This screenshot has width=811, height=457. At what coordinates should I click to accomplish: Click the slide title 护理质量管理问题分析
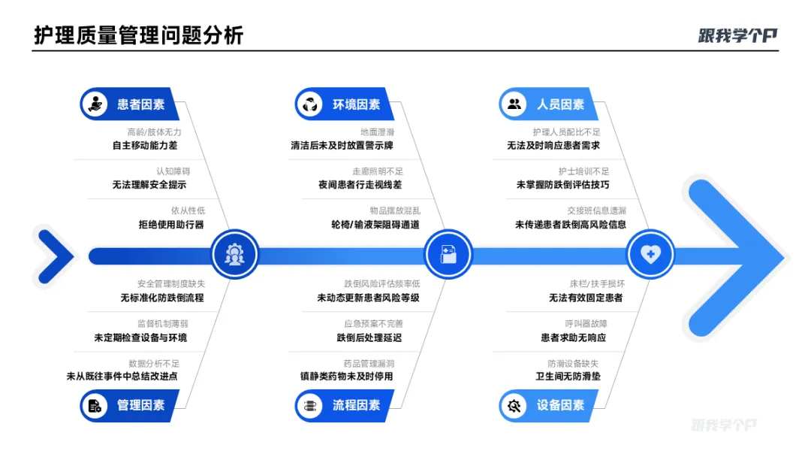click(139, 35)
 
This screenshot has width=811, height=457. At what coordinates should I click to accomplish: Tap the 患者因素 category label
click(140, 104)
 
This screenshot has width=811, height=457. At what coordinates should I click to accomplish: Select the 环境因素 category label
click(356, 104)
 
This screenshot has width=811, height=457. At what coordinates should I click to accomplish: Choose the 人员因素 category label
click(560, 104)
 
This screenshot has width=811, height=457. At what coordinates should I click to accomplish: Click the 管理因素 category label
click(140, 405)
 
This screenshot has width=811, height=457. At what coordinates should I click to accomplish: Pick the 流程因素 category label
click(356, 405)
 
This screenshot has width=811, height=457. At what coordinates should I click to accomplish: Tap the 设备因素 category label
click(560, 405)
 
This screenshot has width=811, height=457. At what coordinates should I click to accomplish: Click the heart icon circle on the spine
click(650, 255)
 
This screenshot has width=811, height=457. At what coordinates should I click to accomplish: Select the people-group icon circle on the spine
click(234, 255)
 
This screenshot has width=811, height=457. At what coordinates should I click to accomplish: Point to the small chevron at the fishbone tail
click(54, 256)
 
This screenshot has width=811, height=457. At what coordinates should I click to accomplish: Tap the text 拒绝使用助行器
click(170, 224)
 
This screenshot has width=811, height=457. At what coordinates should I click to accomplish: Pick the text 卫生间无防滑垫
click(574, 377)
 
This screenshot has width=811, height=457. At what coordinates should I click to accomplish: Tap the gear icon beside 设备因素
click(514, 406)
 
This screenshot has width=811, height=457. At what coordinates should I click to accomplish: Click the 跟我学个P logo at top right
click(737, 35)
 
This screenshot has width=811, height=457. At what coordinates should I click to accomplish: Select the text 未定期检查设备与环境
click(140, 337)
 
